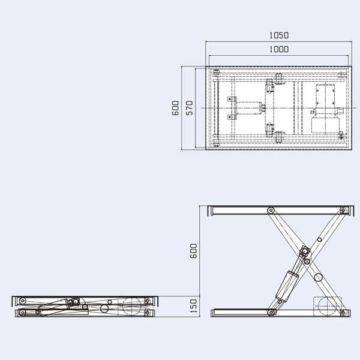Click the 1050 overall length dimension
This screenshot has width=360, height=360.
278,35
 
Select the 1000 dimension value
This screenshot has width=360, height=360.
278,50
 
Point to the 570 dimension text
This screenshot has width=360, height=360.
189,108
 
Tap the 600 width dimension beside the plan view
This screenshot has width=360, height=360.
175,108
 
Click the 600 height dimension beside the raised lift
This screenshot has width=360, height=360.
193,251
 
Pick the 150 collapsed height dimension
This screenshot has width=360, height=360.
193,306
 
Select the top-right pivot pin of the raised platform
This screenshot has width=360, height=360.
343,211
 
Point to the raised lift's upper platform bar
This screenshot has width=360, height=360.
279,211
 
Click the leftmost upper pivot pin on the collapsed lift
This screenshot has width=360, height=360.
22,301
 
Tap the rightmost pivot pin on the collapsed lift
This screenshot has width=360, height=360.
147,301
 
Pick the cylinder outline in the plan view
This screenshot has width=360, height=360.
248,109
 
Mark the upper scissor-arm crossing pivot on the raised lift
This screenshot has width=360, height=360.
304,251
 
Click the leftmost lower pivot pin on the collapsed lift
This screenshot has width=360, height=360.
22,311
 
